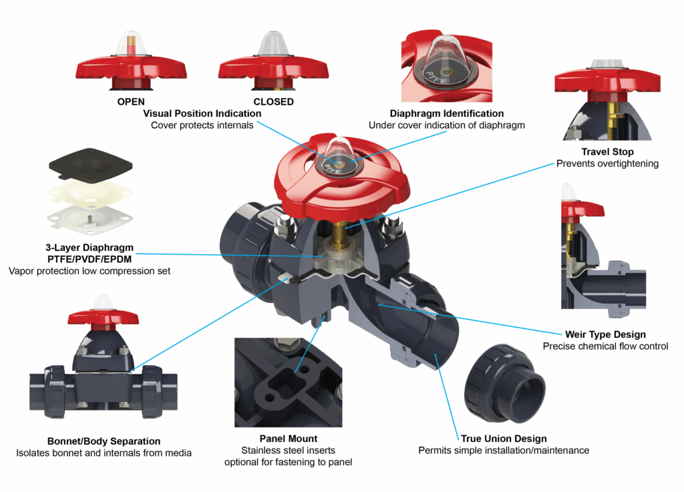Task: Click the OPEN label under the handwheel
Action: tap(131, 102)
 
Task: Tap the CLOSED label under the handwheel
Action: tap(273, 102)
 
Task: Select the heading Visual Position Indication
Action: tap(202, 113)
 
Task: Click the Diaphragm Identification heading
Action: tap(447, 113)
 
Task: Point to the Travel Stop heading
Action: tap(607, 152)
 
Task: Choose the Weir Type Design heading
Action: tap(605, 334)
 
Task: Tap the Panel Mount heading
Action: tap(288, 439)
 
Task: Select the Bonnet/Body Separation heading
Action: tap(104, 441)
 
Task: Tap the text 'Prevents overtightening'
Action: tap(607, 164)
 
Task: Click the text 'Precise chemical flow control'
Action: tap(605, 346)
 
